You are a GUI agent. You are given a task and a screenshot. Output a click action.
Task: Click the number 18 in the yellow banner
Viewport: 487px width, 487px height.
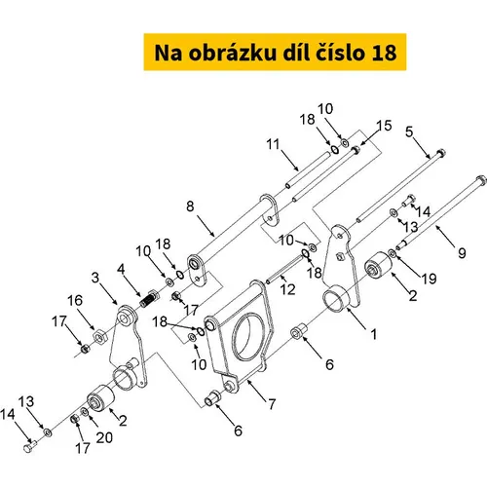[384, 53]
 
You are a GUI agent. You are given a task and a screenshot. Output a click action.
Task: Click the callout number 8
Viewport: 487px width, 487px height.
[190, 206]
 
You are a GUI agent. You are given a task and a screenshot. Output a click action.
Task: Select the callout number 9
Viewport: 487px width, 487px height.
[462, 253]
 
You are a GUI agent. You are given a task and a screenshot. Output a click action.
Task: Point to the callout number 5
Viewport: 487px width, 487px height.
[409, 131]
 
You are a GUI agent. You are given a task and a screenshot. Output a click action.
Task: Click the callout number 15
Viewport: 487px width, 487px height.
[384, 126]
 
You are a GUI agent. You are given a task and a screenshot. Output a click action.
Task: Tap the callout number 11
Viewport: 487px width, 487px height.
[273, 144]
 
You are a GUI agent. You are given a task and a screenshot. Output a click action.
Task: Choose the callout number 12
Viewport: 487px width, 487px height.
[288, 289]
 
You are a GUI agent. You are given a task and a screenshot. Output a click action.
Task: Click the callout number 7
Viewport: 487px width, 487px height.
[272, 404]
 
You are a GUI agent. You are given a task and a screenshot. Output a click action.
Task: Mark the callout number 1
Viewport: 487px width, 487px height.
[374, 334]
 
